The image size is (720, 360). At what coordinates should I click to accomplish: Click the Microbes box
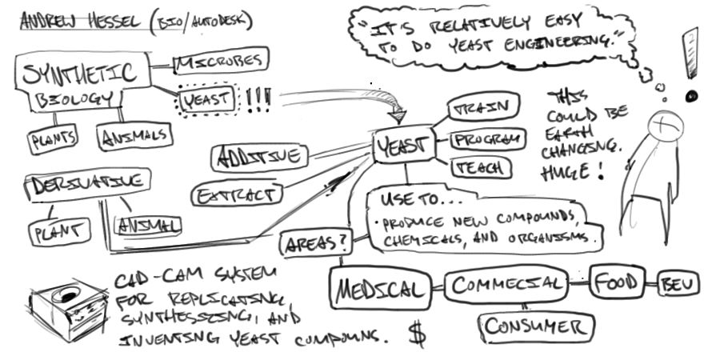coord(219,61)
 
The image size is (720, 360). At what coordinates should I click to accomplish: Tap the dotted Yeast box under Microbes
coord(206,100)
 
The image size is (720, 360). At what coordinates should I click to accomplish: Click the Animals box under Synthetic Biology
coord(134,136)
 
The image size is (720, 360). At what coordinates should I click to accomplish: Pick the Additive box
coord(257,156)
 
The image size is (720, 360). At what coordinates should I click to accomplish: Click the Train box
coord(484,107)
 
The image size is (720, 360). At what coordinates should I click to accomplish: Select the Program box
coord(487,139)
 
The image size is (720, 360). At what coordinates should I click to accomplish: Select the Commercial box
coord(506,285)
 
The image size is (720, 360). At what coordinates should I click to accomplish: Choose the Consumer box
coord(537,326)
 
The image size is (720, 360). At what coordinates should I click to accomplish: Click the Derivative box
coord(89,183)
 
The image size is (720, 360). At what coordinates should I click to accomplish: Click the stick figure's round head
coord(664,124)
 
